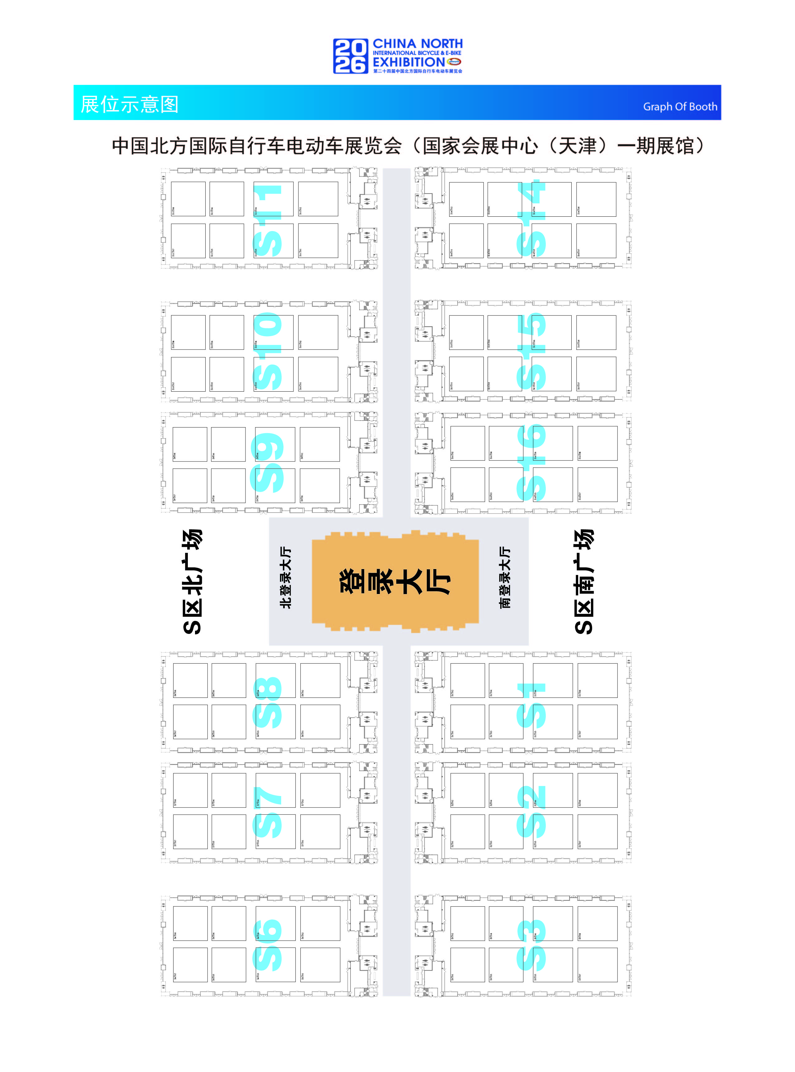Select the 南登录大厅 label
(x=505, y=577)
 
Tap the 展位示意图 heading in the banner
(x=130, y=104)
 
